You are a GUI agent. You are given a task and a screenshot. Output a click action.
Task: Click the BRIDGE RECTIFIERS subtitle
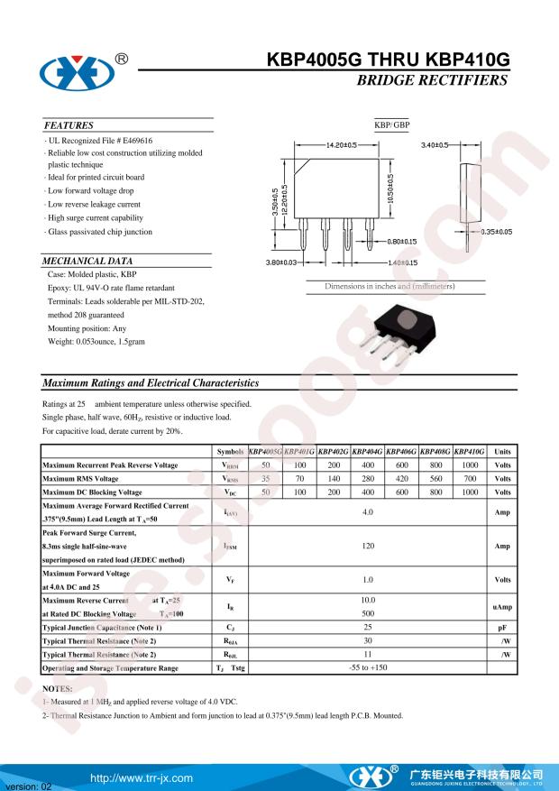433,81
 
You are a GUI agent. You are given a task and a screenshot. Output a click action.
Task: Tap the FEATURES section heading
69,125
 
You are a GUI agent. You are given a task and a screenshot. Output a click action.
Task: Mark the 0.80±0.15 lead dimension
401,241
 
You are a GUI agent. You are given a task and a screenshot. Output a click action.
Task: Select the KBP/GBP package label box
391,124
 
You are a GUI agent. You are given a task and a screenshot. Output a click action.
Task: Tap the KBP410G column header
470,451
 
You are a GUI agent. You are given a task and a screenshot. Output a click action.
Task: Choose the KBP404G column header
368,451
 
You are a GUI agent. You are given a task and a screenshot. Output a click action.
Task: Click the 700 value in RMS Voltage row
470,479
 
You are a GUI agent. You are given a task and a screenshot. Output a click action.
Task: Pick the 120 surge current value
368,547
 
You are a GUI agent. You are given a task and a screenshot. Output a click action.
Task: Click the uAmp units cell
502,607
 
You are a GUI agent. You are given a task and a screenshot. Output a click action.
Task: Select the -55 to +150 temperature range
368,668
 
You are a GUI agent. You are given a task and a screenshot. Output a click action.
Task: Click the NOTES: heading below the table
58,689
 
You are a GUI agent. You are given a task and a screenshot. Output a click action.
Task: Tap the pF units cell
502,627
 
